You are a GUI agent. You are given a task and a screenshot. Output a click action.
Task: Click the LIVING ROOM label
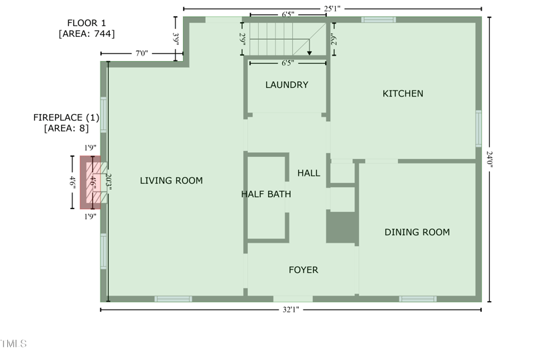click(x=172, y=180)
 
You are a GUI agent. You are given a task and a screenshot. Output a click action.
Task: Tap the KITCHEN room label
click(x=403, y=94)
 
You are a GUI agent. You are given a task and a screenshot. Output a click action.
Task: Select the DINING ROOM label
click(x=417, y=232)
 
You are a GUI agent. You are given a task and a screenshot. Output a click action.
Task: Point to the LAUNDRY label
click(x=287, y=84)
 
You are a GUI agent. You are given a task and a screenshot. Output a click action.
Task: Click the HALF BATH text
click(x=266, y=194)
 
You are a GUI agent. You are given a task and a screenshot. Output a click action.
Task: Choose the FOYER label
click(x=304, y=270)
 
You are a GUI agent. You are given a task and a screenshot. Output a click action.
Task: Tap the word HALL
click(x=309, y=173)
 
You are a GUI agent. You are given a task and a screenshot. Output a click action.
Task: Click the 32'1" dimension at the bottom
click(x=291, y=310)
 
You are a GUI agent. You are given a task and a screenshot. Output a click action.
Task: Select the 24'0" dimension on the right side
click(x=489, y=159)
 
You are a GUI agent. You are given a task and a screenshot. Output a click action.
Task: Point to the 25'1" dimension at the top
click(x=332, y=9)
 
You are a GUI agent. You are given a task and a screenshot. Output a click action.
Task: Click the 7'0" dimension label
click(x=141, y=54)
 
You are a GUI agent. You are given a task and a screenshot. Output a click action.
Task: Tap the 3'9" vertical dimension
click(x=176, y=40)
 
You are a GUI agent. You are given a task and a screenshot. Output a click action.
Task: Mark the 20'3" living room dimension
click(x=109, y=182)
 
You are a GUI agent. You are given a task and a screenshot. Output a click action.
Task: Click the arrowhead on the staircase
click(x=310, y=53)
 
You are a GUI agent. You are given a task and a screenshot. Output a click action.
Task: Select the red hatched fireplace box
click(x=90, y=182)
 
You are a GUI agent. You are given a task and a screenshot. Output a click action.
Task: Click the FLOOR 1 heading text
click(x=86, y=23)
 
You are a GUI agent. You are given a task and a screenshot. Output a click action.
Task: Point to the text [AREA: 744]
click(x=87, y=34)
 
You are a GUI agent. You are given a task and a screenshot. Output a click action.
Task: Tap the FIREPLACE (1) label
click(x=66, y=117)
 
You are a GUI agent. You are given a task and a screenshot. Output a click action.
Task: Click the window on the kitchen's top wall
click(x=379, y=19)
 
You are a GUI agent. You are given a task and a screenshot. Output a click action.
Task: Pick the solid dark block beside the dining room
click(x=342, y=227)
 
